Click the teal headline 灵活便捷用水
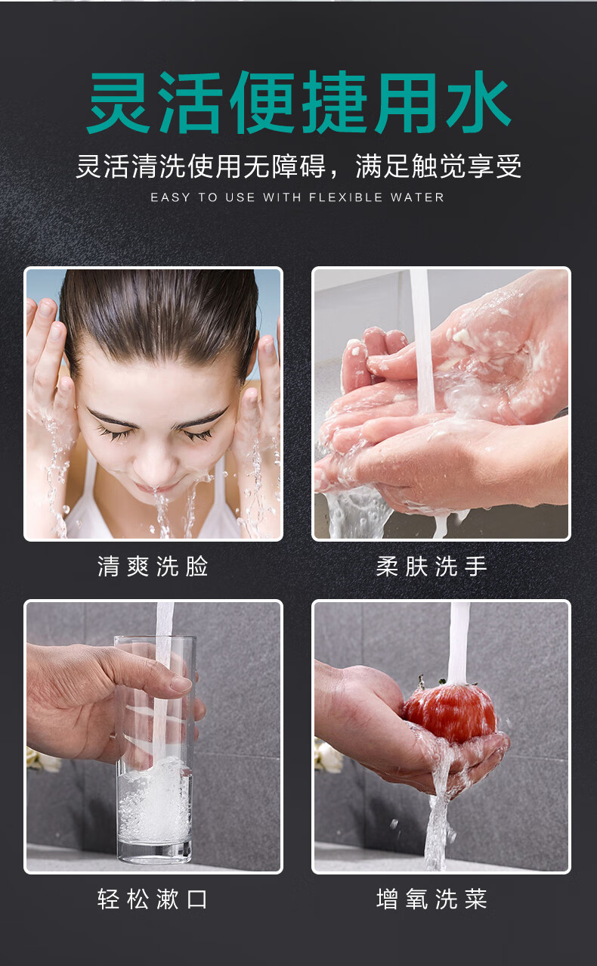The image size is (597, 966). tap(298, 103)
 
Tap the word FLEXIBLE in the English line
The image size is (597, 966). tap(346, 197)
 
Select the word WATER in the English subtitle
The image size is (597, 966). tap(417, 197)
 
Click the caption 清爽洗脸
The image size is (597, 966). tap(153, 567)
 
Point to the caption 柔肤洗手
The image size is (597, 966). tap(432, 567)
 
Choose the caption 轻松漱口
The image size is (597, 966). tap(153, 899)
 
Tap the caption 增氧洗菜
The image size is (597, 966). tap(432, 899)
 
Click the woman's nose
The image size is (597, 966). tap(153, 464)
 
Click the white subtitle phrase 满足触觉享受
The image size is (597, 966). tap(438, 166)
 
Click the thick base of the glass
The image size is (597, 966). tap(154, 853)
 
